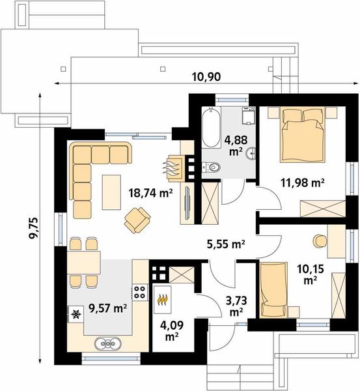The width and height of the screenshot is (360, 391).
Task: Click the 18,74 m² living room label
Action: (x=151, y=193)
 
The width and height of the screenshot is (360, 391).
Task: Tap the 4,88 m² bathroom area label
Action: (x=236, y=145)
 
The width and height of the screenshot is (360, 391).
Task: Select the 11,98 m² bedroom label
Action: (x=303, y=182)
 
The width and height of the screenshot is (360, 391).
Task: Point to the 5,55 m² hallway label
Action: (x=226, y=244)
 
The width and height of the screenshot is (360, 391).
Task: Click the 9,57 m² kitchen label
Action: (x=108, y=309)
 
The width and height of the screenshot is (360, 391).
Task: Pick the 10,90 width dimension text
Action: (x=206, y=77)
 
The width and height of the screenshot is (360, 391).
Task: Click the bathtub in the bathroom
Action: (x=212, y=127)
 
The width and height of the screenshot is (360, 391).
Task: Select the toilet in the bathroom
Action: (x=212, y=167)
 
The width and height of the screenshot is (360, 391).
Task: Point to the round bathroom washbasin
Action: (x=251, y=153)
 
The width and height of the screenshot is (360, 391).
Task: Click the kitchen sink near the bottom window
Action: (x=108, y=344)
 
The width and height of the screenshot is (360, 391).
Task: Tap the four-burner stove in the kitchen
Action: (x=139, y=292)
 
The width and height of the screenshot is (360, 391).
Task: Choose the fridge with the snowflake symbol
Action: (x=76, y=315)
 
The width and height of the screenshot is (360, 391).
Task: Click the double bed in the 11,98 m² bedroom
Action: (x=303, y=135)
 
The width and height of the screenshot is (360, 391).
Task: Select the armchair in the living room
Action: (x=137, y=220)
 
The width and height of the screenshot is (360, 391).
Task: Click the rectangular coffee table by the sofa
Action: (x=111, y=192)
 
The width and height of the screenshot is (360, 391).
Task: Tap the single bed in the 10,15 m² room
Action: (x=273, y=290)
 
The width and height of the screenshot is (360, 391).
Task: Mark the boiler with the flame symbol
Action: (x=163, y=300)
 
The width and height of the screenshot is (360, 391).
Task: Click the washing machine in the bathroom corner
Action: (x=249, y=116)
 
